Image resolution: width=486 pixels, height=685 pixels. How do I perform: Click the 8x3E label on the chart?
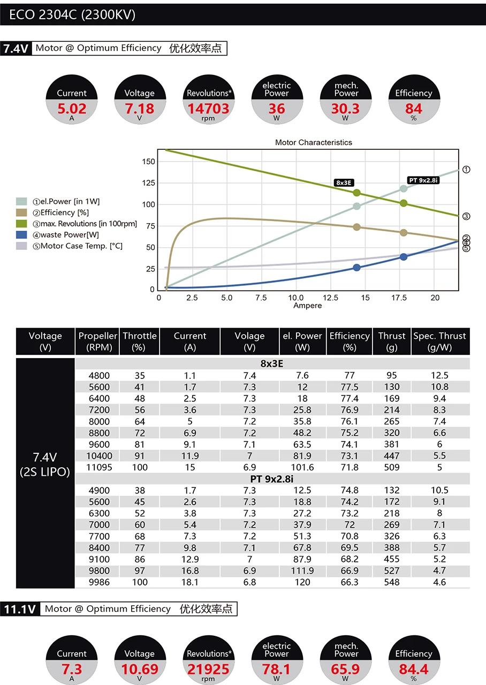pyautogui.click(x=344, y=182)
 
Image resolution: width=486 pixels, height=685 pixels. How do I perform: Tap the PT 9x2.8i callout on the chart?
pyautogui.click(x=423, y=180)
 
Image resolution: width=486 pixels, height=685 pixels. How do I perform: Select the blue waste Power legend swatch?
pyautogui.click(x=21, y=234)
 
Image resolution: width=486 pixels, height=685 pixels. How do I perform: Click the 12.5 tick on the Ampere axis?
pyautogui.click(x=331, y=298)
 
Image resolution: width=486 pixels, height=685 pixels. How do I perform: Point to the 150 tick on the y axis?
pyautogui.click(x=149, y=162)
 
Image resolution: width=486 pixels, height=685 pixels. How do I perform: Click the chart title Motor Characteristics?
pyautogui.click(x=314, y=142)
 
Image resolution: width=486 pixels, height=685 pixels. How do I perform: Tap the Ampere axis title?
pyautogui.click(x=308, y=306)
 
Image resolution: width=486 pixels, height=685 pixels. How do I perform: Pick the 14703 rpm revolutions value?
pyautogui.click(x=208, y=109)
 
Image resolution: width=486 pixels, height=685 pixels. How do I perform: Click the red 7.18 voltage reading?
pyautogui.click(x=139, y=109)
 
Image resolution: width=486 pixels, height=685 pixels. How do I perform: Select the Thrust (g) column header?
pyautogui.click(x=392, y=341)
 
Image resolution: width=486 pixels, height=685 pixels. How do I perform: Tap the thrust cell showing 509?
pyautogui.click(x=392, y=467)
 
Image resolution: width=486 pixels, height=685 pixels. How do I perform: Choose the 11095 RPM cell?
pyautogui.click(x=98, y=467)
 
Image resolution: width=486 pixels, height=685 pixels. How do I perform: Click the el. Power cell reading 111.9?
pyautogui.click(x=302, y=570)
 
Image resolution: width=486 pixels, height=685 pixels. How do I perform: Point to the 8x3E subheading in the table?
pyautogui.click(x=272, y=364)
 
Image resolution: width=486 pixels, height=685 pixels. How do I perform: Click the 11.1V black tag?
pyautogui.click(x=20, y=609)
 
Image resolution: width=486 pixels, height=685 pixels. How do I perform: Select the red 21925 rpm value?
pyautogui.click(x=208, y=669)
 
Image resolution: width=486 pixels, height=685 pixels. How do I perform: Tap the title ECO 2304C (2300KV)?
pyautogui.click(x=72, y=14)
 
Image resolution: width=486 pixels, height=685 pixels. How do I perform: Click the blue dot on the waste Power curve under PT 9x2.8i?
pyautogui.click(x=404, y=257)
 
